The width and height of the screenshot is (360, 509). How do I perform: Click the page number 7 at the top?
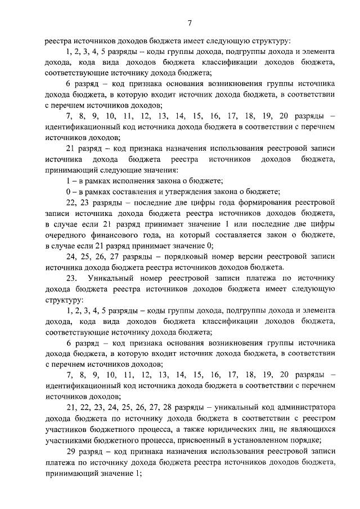click(190, 22)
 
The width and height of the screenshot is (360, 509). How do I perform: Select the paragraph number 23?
click(71, 278)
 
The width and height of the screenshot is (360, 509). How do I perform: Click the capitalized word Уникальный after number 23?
click(112, 278)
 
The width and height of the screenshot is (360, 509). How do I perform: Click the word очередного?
click(67, 235)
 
